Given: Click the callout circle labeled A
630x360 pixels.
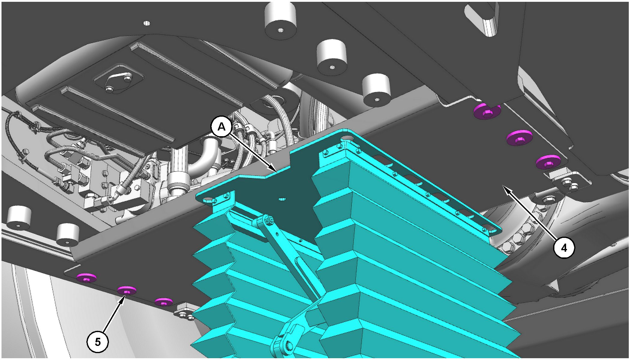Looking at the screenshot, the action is tap(221, 127).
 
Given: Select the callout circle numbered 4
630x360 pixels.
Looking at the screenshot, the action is tap(564, 248).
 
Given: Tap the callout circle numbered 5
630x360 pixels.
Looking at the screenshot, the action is tap(97, 342).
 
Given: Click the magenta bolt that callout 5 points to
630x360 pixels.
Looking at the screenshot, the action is tap(126, 290).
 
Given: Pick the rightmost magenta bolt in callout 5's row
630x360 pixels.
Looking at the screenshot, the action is tap(163, 302).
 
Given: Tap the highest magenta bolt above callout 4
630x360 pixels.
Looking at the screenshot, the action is tap(487, 111).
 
